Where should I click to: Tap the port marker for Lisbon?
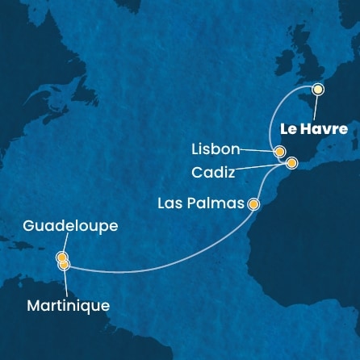279,151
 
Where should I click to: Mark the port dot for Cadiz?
291,163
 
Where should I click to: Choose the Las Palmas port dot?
253,204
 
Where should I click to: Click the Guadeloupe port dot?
61,257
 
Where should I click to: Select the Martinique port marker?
64,264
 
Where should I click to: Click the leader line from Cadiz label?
262,168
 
